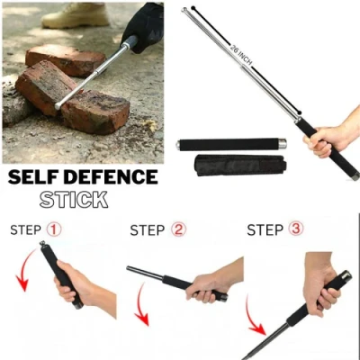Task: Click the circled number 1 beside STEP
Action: pyautogui.click(x=55, y=229)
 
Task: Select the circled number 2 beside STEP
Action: pyautogui.click(x=178, y=230)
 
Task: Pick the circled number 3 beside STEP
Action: pyautogui.click(x=295, y=229)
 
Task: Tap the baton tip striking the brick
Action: pyautogui.click(x=59, y=106)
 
